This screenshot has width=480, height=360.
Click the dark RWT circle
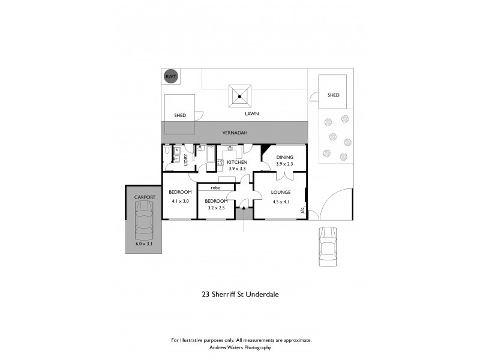[x=171, y=77]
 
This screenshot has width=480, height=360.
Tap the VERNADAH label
[x=235, y=133]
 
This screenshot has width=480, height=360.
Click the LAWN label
[x=251, y=113]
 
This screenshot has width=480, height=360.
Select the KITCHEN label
[x=237, y=162]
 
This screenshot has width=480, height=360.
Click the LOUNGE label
[x=280, y=192]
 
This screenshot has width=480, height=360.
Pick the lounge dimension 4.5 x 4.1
[x=280, y=202]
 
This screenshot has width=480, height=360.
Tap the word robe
[x=214, y=188]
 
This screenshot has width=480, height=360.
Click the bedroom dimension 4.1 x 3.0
[x=180, y=201]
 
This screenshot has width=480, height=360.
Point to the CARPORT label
[x=145, y=197]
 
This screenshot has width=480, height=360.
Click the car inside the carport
[x=144, y=219]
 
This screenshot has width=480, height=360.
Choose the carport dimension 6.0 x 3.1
[x=144, y=244]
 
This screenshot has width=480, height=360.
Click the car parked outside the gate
[x=328, y=247]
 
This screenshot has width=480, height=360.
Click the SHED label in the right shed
[x=333, y=95]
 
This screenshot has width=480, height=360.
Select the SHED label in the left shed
[x=180, y=115]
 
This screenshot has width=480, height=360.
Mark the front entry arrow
[x=244, y=208]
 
